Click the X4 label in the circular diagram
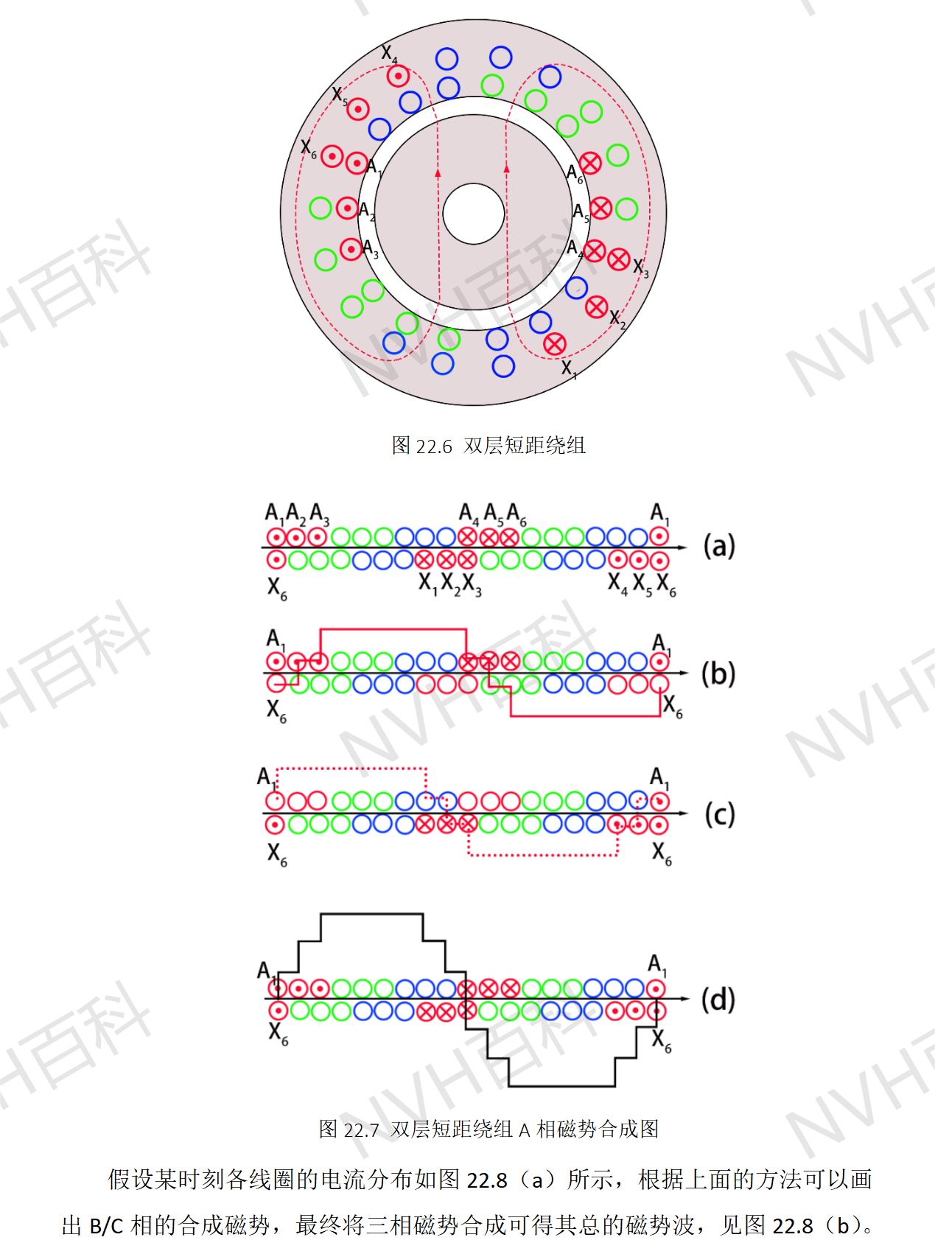[389, 54]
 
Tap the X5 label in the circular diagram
[340, 96]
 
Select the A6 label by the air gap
[575, 174]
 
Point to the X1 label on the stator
[570, 368]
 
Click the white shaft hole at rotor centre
[473, 214]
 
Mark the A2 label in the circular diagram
[367, 211]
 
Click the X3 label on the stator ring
[641, 268]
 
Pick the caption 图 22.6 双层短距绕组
[488, 445]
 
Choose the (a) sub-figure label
[719, 546]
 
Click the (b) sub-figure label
[718, 673]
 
